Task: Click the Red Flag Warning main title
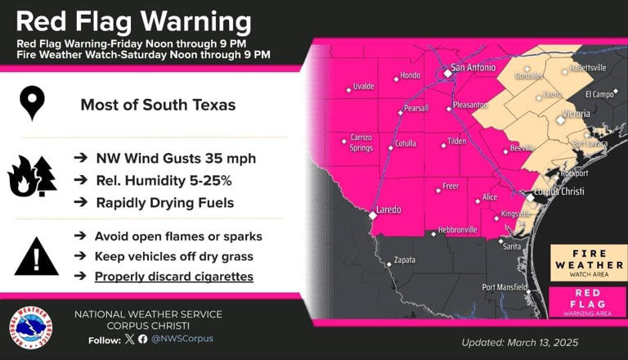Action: click(x=134, y=21)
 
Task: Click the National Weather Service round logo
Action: click(x=31, y=328)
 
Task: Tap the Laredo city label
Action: click(x=388, y=209)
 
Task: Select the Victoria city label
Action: click(x=576, y=114)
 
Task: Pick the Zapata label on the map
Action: click(x=405, y=260)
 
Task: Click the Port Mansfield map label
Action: click(x=505, y=286)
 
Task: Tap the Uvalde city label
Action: click(x=363, y=86)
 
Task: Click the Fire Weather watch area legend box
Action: click(x=588, y=263)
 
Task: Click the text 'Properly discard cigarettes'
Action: click(x=173, y=277)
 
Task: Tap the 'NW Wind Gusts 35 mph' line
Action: click(x=175, y=158)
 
